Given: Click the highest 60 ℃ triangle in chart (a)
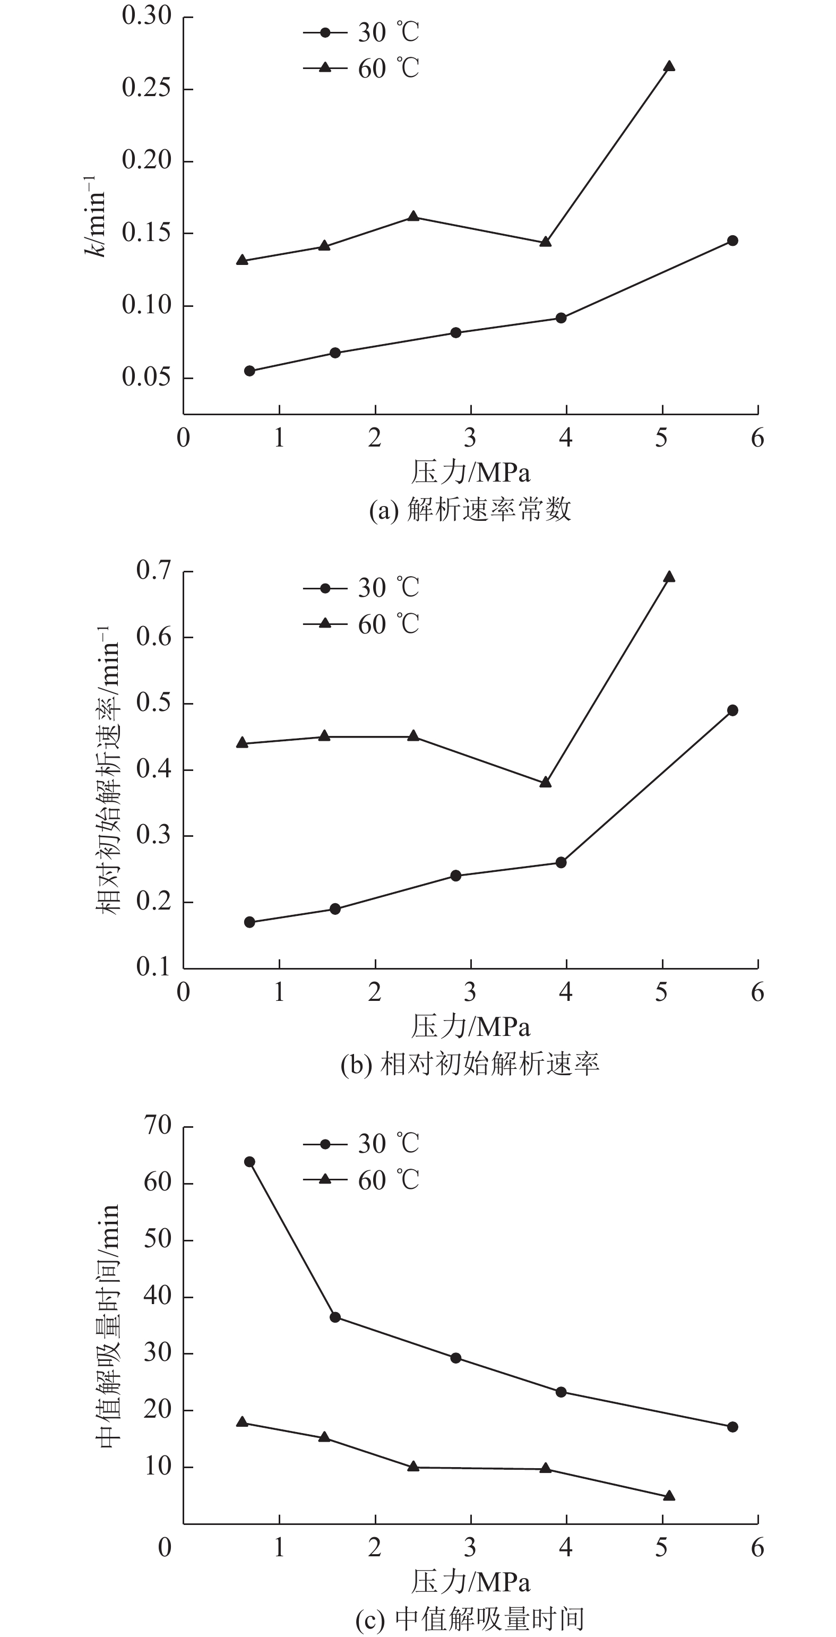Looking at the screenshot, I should (x=668, y=66).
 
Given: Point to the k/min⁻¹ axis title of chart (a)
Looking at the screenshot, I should (x=94, y=216).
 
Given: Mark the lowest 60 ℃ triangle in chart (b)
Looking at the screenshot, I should (x=545, y=782).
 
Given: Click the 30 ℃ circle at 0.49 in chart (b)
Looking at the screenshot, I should (x=732, y=710).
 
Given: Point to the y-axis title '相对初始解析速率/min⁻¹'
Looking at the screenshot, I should (x=108, y=770).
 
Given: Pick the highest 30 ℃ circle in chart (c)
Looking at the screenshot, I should (x=249, y=1162).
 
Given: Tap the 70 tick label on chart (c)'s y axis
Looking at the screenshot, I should (x=158, y=1126).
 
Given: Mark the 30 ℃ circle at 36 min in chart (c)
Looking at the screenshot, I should (x=335, y=1317).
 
